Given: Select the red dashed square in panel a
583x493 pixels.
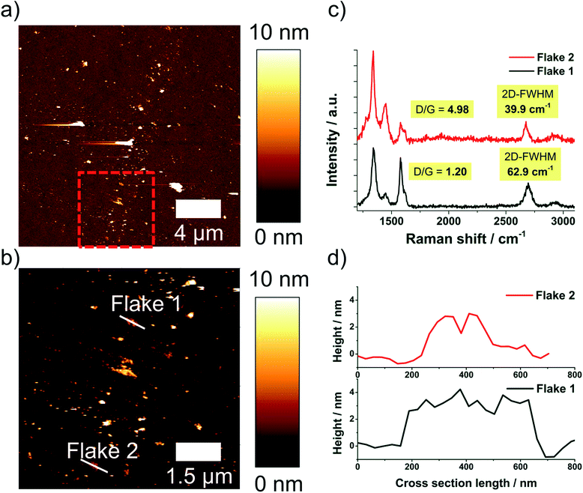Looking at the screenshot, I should [x=116, y=209].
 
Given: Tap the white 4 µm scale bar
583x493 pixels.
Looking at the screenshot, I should [x=199, y=208].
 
